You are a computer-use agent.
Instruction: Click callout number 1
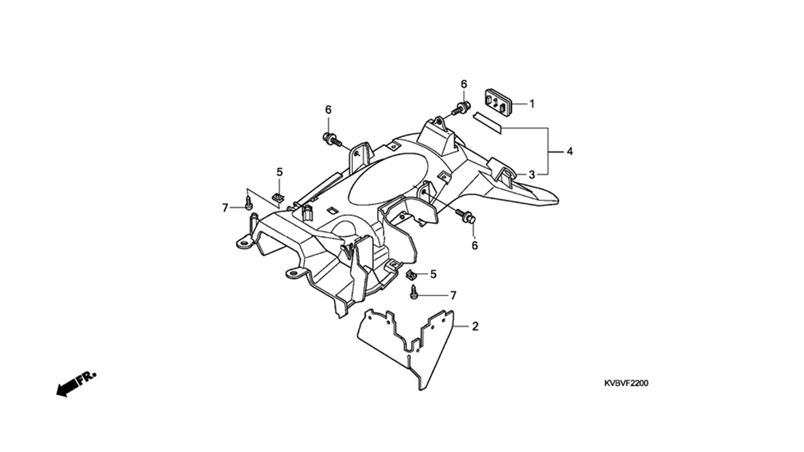(531, 104)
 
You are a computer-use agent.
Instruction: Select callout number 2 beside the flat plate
(475, 326)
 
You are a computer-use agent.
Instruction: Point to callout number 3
(531, 175)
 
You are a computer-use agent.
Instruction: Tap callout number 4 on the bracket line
(569, 152)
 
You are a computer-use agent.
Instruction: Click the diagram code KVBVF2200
(626, 383)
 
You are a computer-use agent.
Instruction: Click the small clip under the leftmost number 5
(278, 197)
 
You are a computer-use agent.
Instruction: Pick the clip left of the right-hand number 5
(413, 274)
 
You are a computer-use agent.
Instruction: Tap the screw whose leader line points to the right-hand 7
(415, 292)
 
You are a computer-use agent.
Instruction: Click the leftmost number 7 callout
(225, 207)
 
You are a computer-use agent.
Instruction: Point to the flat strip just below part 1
(487, 121)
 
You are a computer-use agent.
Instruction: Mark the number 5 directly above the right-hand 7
(434, 274)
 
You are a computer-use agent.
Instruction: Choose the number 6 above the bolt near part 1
(463, 84)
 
